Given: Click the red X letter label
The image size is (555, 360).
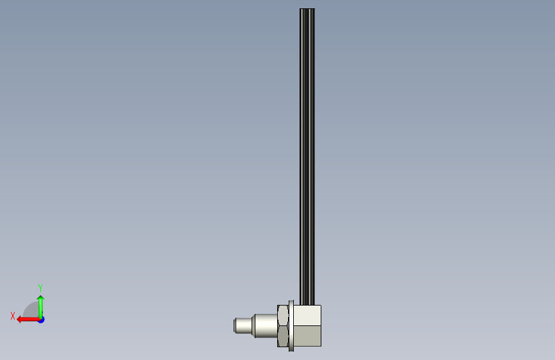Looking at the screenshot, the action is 13,316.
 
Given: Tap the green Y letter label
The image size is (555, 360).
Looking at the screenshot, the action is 40,288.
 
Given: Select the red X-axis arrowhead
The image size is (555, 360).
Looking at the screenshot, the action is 20,320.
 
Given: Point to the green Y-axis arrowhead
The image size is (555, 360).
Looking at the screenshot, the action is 41,299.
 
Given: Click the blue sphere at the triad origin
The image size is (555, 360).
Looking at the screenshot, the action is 42,320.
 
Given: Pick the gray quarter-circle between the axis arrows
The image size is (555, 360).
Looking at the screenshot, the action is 31,310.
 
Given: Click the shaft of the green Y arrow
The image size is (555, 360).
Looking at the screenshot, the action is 41,309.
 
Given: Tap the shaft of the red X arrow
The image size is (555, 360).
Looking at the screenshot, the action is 31,320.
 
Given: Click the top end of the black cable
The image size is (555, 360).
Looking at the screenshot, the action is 307,9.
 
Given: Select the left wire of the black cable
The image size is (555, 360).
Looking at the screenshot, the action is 302,156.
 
